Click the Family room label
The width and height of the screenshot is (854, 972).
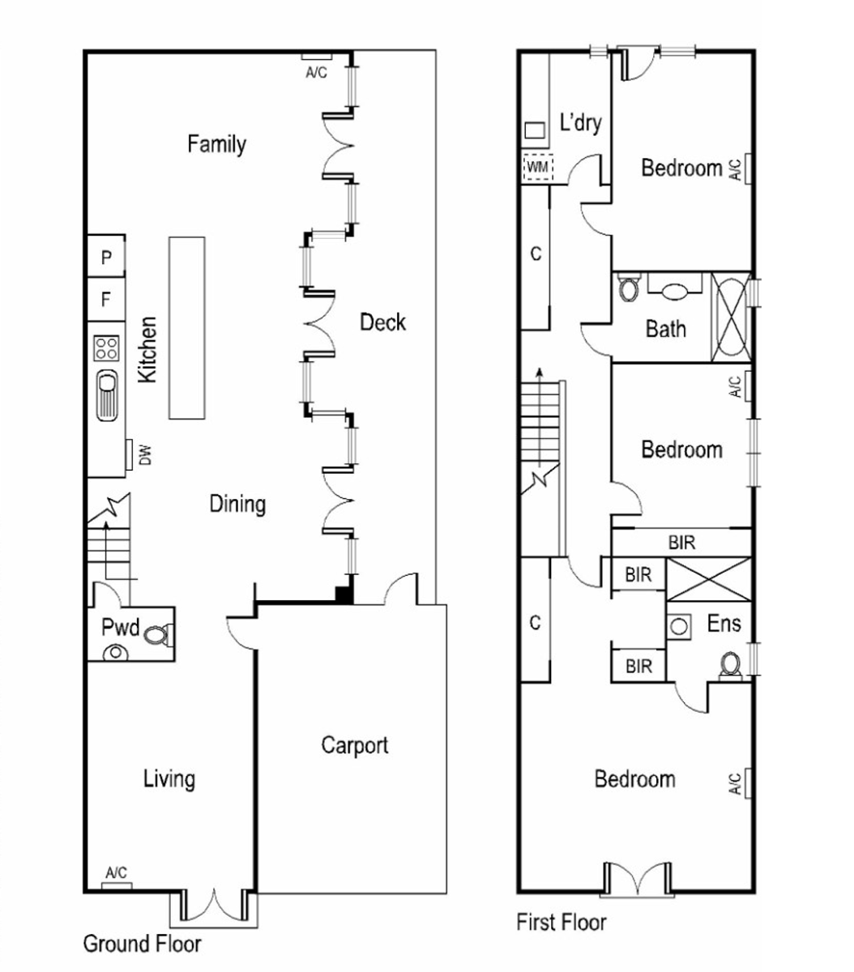point(216,144)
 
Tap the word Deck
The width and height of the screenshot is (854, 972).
point(382,322)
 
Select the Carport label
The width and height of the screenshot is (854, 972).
point(355,745)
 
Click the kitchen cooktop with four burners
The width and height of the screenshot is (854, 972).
point(106,348)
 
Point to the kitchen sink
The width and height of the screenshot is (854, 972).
point(107,394)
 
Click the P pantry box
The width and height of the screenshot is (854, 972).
point(106,257)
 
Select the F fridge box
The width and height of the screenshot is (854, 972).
point(106,299)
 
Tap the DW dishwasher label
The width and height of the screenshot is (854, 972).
point(145,455)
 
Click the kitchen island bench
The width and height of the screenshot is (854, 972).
point(186,328)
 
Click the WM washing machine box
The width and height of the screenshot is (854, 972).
point(538,168)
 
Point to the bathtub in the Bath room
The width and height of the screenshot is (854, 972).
point(730,317)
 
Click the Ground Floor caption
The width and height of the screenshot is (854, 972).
point(142,944)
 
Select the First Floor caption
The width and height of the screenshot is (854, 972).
point(562,922)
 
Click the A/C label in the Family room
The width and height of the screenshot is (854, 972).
point(316,72)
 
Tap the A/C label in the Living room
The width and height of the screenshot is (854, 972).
point(116,872)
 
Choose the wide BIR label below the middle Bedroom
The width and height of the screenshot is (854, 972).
point(681,543)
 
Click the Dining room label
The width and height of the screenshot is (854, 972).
point(237,505)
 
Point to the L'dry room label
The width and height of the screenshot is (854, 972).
point(580,122)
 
